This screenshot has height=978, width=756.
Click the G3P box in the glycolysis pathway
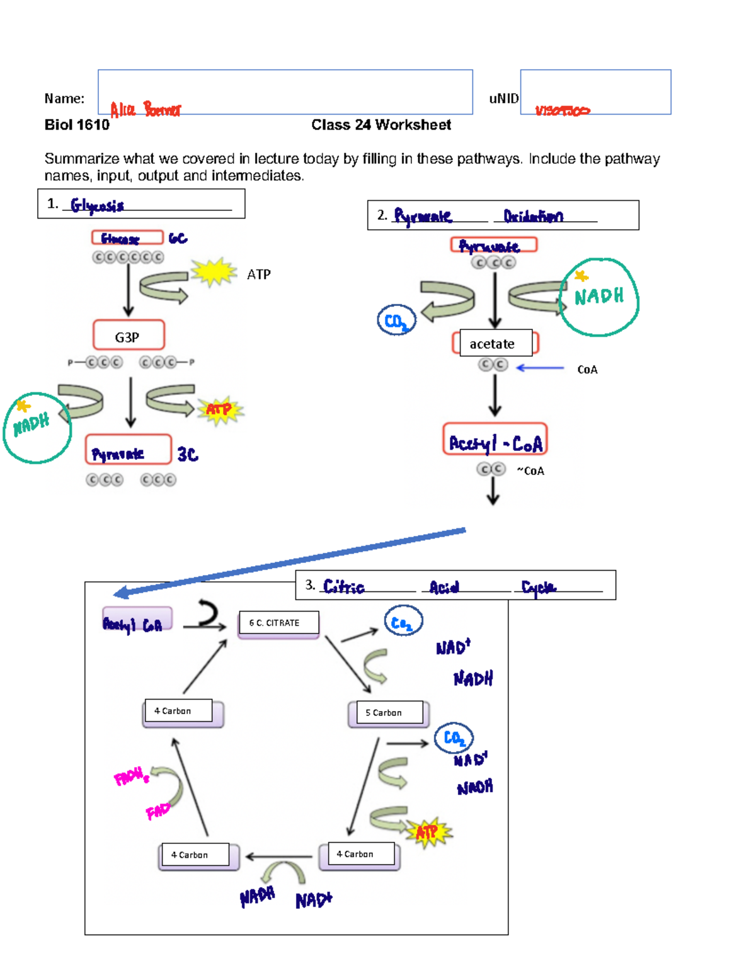coord(129,336)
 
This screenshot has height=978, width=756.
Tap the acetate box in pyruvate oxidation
coord(495,343)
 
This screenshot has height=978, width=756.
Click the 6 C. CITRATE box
coord(278,623)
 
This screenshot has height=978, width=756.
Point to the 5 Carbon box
coord(388,713)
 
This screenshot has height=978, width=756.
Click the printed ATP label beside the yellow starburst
coord(259,275)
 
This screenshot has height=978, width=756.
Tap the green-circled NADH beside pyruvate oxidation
coord(599,296)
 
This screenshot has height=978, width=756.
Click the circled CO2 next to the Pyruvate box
coord(396,321)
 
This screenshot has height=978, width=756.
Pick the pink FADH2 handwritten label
coord(131,776)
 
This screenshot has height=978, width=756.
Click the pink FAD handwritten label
coord(157,811)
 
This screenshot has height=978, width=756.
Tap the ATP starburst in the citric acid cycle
coord(428,832)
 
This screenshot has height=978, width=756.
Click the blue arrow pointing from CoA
coord(540,368)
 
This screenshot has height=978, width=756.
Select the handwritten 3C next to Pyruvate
coord(188,454)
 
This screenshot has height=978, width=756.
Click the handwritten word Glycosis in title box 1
coord(97,205)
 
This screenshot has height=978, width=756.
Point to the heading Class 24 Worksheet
coord(381,125)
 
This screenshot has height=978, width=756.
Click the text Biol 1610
coord(77,125)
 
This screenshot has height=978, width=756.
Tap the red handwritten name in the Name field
coord(146,110)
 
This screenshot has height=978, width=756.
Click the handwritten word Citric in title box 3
coord(343,586)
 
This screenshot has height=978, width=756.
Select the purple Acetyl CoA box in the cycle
coord(137,620)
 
